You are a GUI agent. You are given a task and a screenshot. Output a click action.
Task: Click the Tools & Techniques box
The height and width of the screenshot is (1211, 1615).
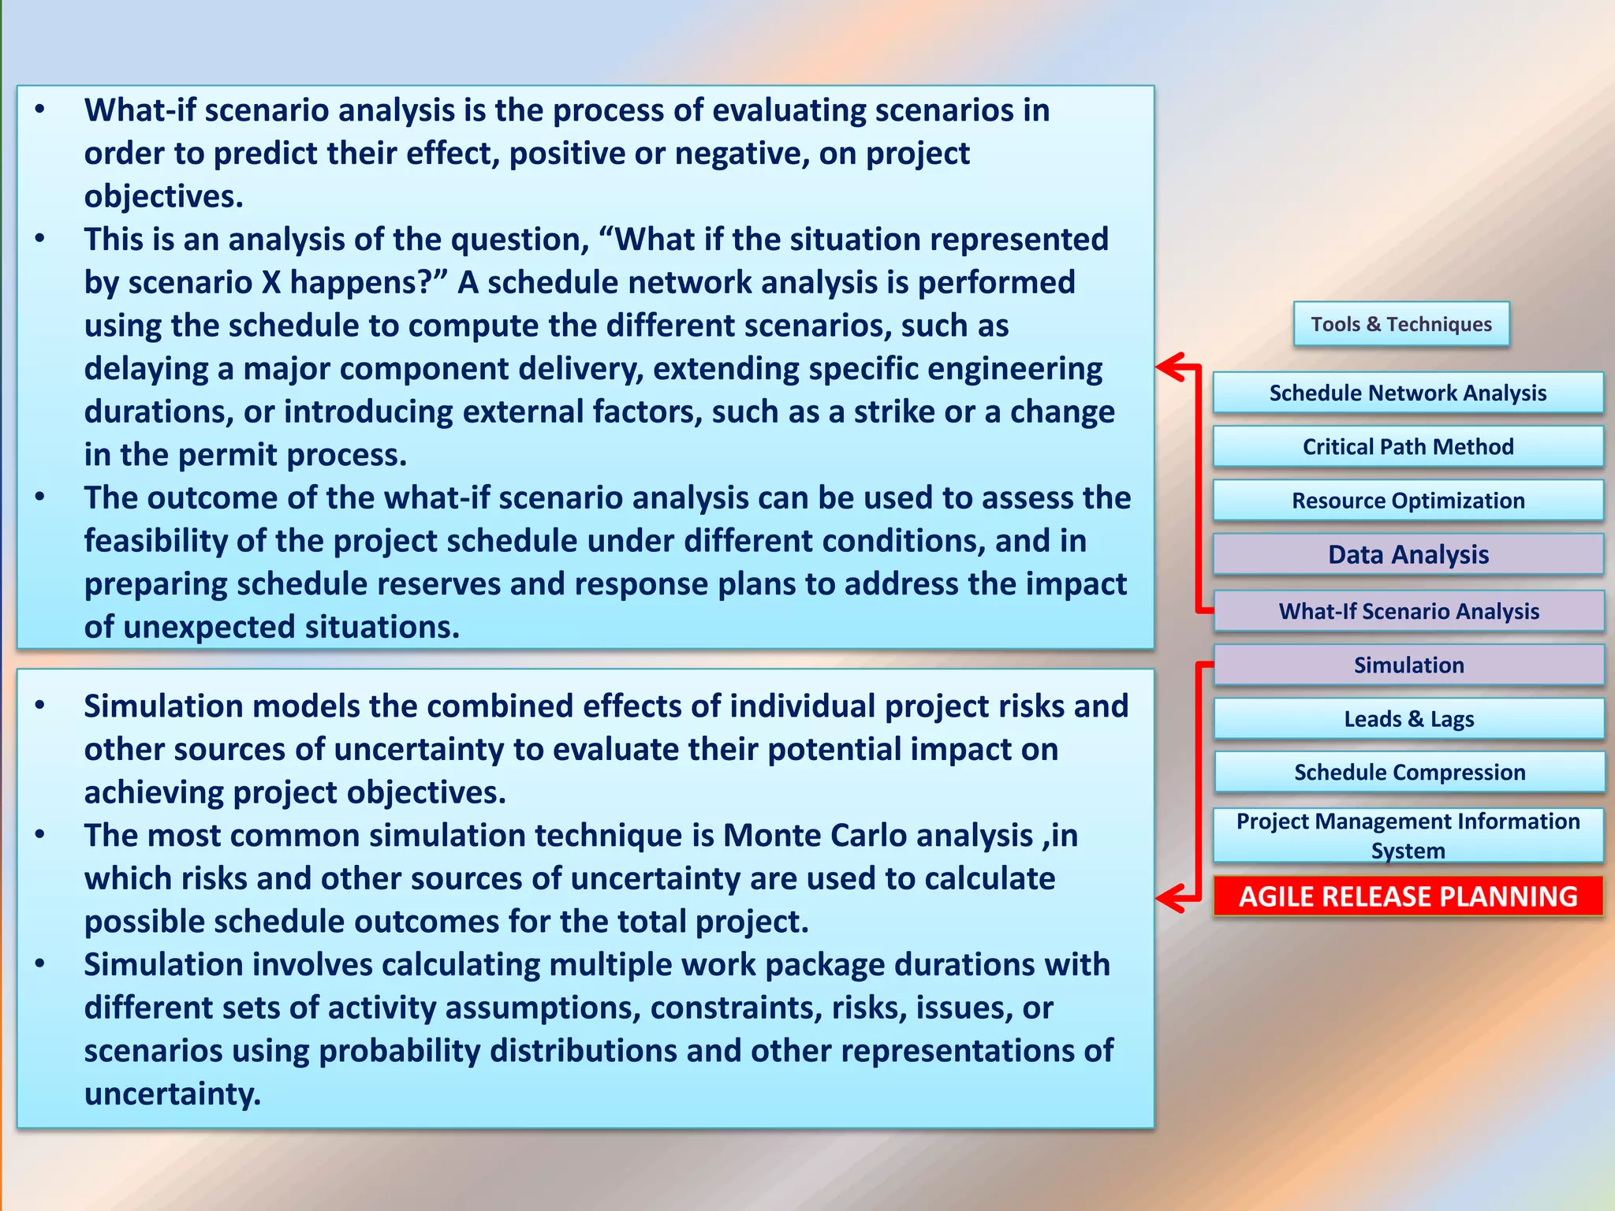(1401, 324)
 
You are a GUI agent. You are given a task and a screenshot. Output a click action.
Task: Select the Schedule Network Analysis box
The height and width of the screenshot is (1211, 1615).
(1408, 393)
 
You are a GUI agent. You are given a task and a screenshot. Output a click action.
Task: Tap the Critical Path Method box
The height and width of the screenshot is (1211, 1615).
(1408, 446)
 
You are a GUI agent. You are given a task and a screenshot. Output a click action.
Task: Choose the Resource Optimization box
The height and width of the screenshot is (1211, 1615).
(1408, 501)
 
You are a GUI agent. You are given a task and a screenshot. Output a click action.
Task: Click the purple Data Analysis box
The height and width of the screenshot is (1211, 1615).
(1408, 554)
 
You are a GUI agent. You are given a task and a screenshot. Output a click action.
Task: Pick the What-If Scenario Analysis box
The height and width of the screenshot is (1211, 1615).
(1408, 611)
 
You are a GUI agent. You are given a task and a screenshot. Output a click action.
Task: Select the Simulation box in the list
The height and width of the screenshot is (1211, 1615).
(1408, 665)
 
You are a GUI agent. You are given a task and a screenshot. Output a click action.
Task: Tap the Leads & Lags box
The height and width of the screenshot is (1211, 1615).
(1408, 718)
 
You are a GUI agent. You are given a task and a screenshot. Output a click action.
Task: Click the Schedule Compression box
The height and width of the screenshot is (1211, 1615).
(1409, 772)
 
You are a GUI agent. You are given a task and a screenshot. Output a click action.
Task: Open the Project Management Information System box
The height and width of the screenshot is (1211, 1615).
(1408, 835)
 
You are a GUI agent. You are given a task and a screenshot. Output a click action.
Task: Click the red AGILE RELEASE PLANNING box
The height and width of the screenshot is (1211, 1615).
(1408, 896)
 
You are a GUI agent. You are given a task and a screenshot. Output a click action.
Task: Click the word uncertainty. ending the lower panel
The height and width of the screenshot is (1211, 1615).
(172, 1094)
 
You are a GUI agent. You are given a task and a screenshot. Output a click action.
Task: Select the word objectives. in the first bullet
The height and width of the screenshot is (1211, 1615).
(163, 196)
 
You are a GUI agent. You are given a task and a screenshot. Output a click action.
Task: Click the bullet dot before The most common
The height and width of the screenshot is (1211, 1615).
(39, 834)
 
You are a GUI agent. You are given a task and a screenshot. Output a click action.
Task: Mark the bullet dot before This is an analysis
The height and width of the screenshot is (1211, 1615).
(39, 238)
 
